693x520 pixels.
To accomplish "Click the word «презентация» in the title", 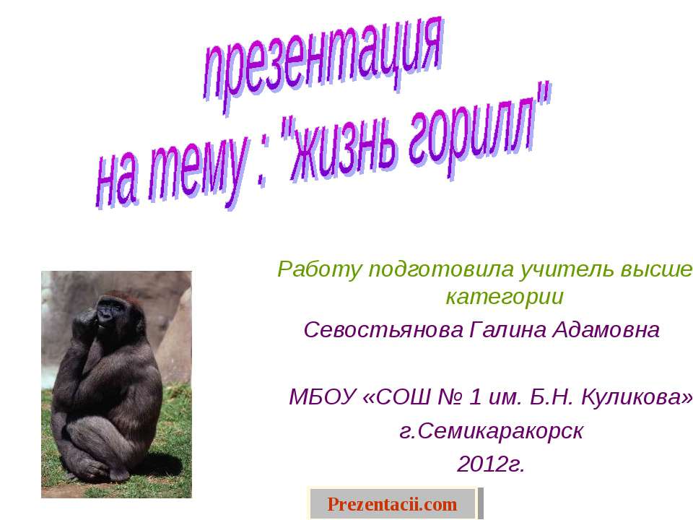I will (x=321, y=69).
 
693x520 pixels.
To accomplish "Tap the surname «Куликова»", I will (x=635, y=397).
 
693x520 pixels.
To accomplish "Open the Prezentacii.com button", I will (x=393, y=503).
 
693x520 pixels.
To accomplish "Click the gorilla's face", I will (x=110, y=311).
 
